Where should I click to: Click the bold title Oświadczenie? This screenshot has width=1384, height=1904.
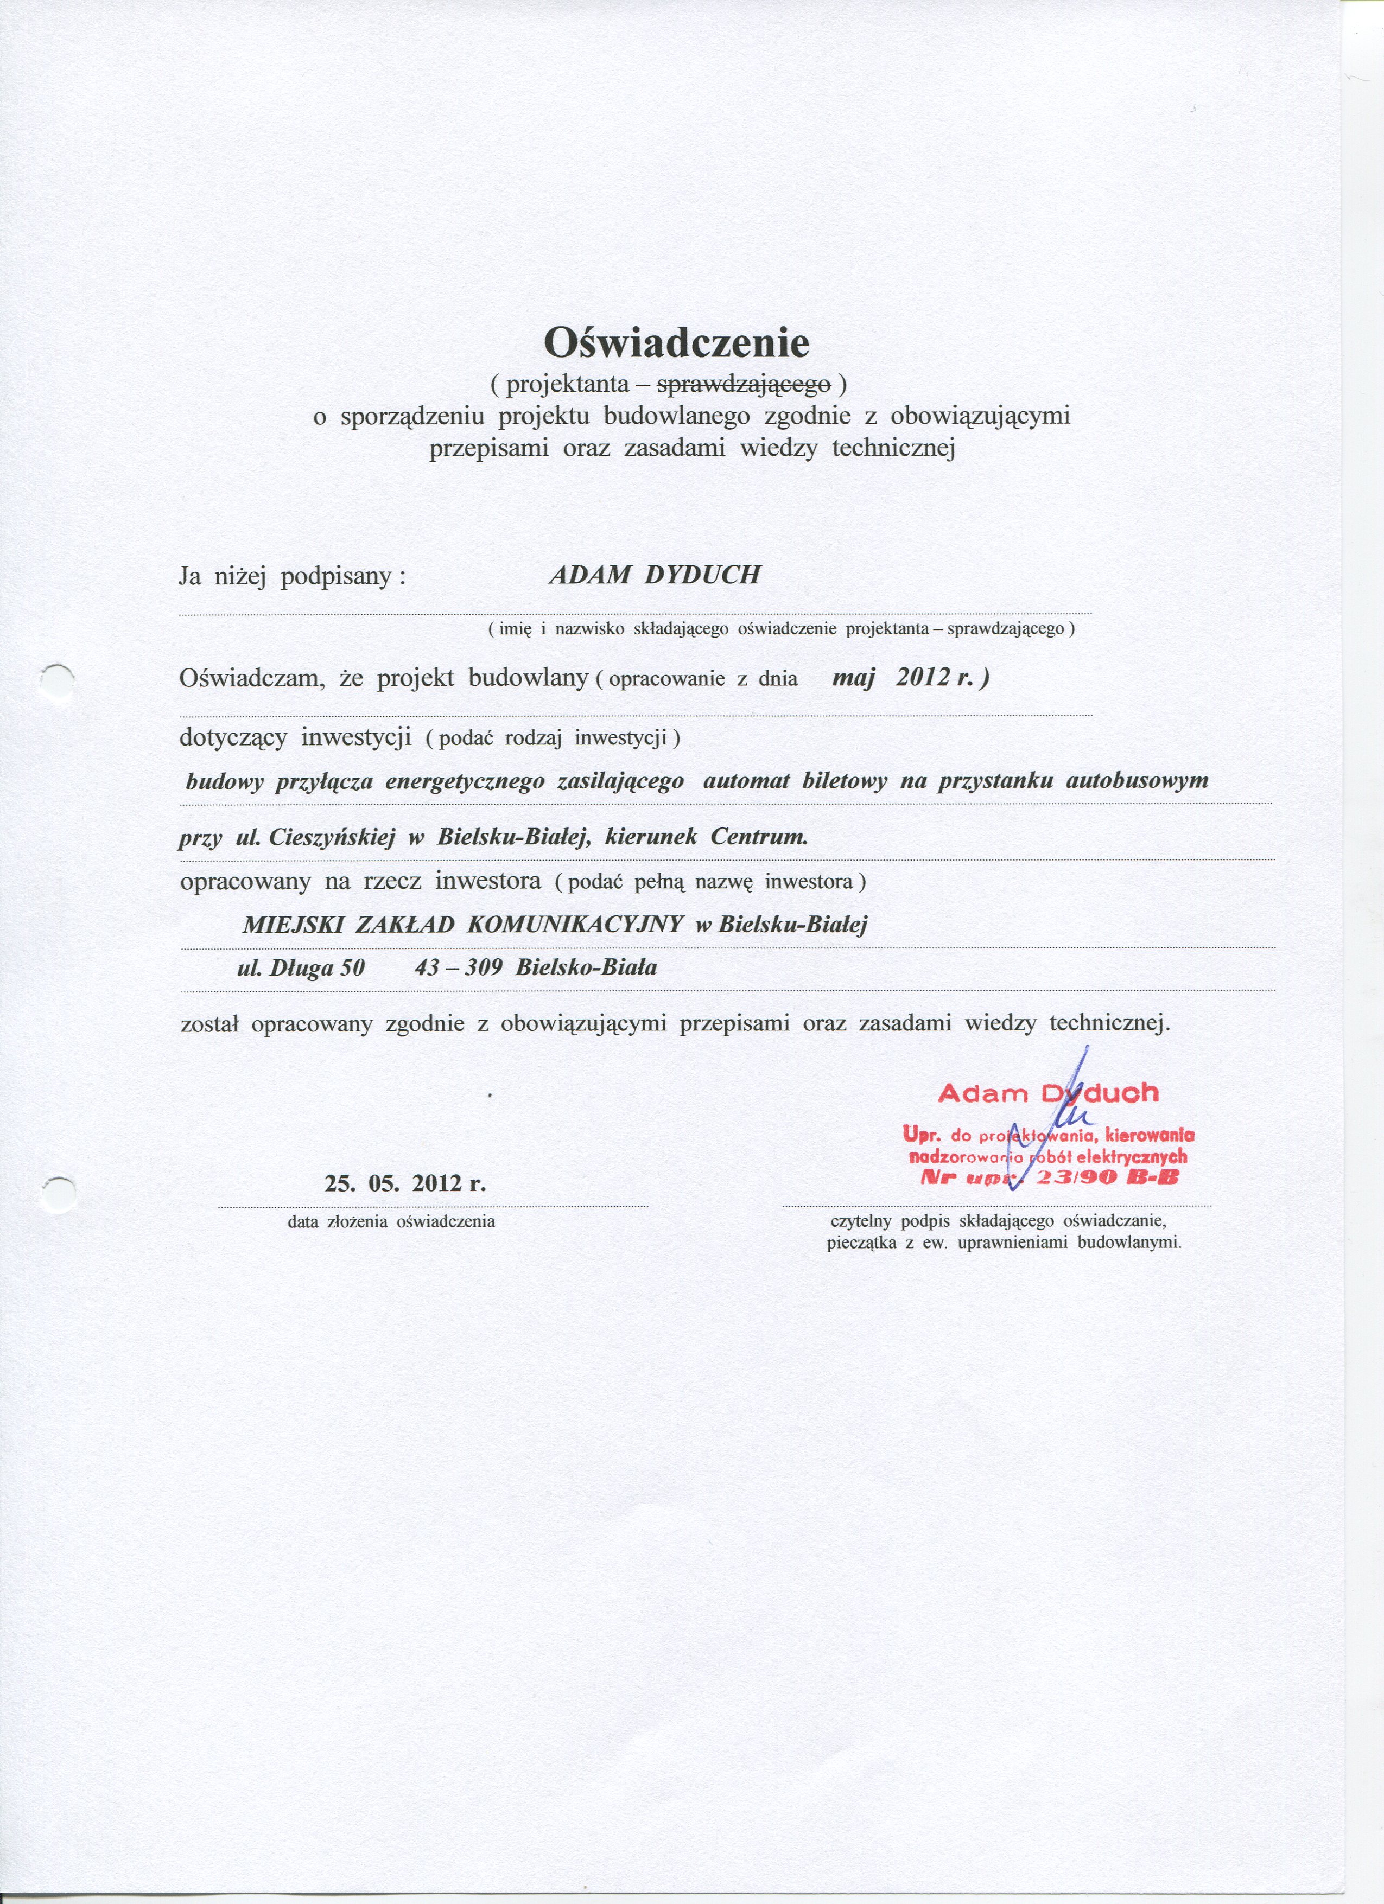pyautogui.click(x=677, y=342)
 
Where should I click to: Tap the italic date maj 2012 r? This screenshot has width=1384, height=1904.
pyautogui.click(x=910, y=678)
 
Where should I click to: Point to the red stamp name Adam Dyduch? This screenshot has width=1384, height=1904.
pyautogui.click(x=1048, y=1093)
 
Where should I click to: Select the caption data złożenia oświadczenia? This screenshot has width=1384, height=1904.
pyautogui.click(x=391, y=1221)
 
